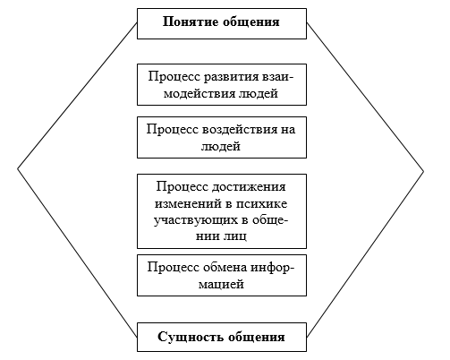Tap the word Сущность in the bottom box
[x=191, y=337]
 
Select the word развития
[x=232, y=77]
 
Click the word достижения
[x=249, y=187]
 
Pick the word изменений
[x=189, y=203]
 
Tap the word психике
[x=262, y=204]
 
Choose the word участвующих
[x=195, y=220]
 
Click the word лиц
[x=235, y=236]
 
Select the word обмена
[x=225, y=268]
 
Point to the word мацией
[x=221, y=284]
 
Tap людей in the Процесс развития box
[x=259, y=93]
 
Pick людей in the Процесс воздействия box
[x=221, y=146]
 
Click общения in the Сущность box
[x=257, y=337]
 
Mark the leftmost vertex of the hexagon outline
[x=18, y=168]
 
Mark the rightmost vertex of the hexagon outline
[x=423, y=171]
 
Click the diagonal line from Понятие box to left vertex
[x=77, y=96]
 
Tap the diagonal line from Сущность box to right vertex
[x=365, y=254]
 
